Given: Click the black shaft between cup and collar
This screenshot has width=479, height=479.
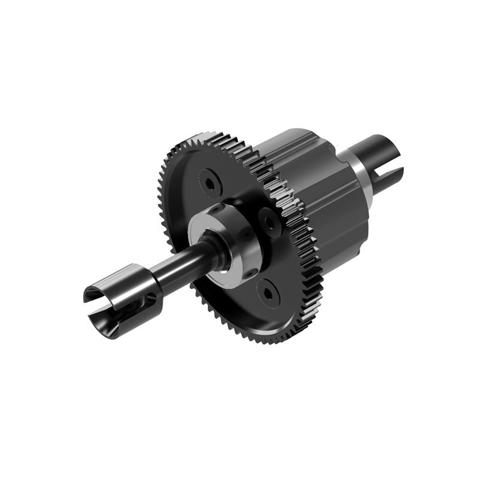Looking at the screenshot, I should tap(180, 267).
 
